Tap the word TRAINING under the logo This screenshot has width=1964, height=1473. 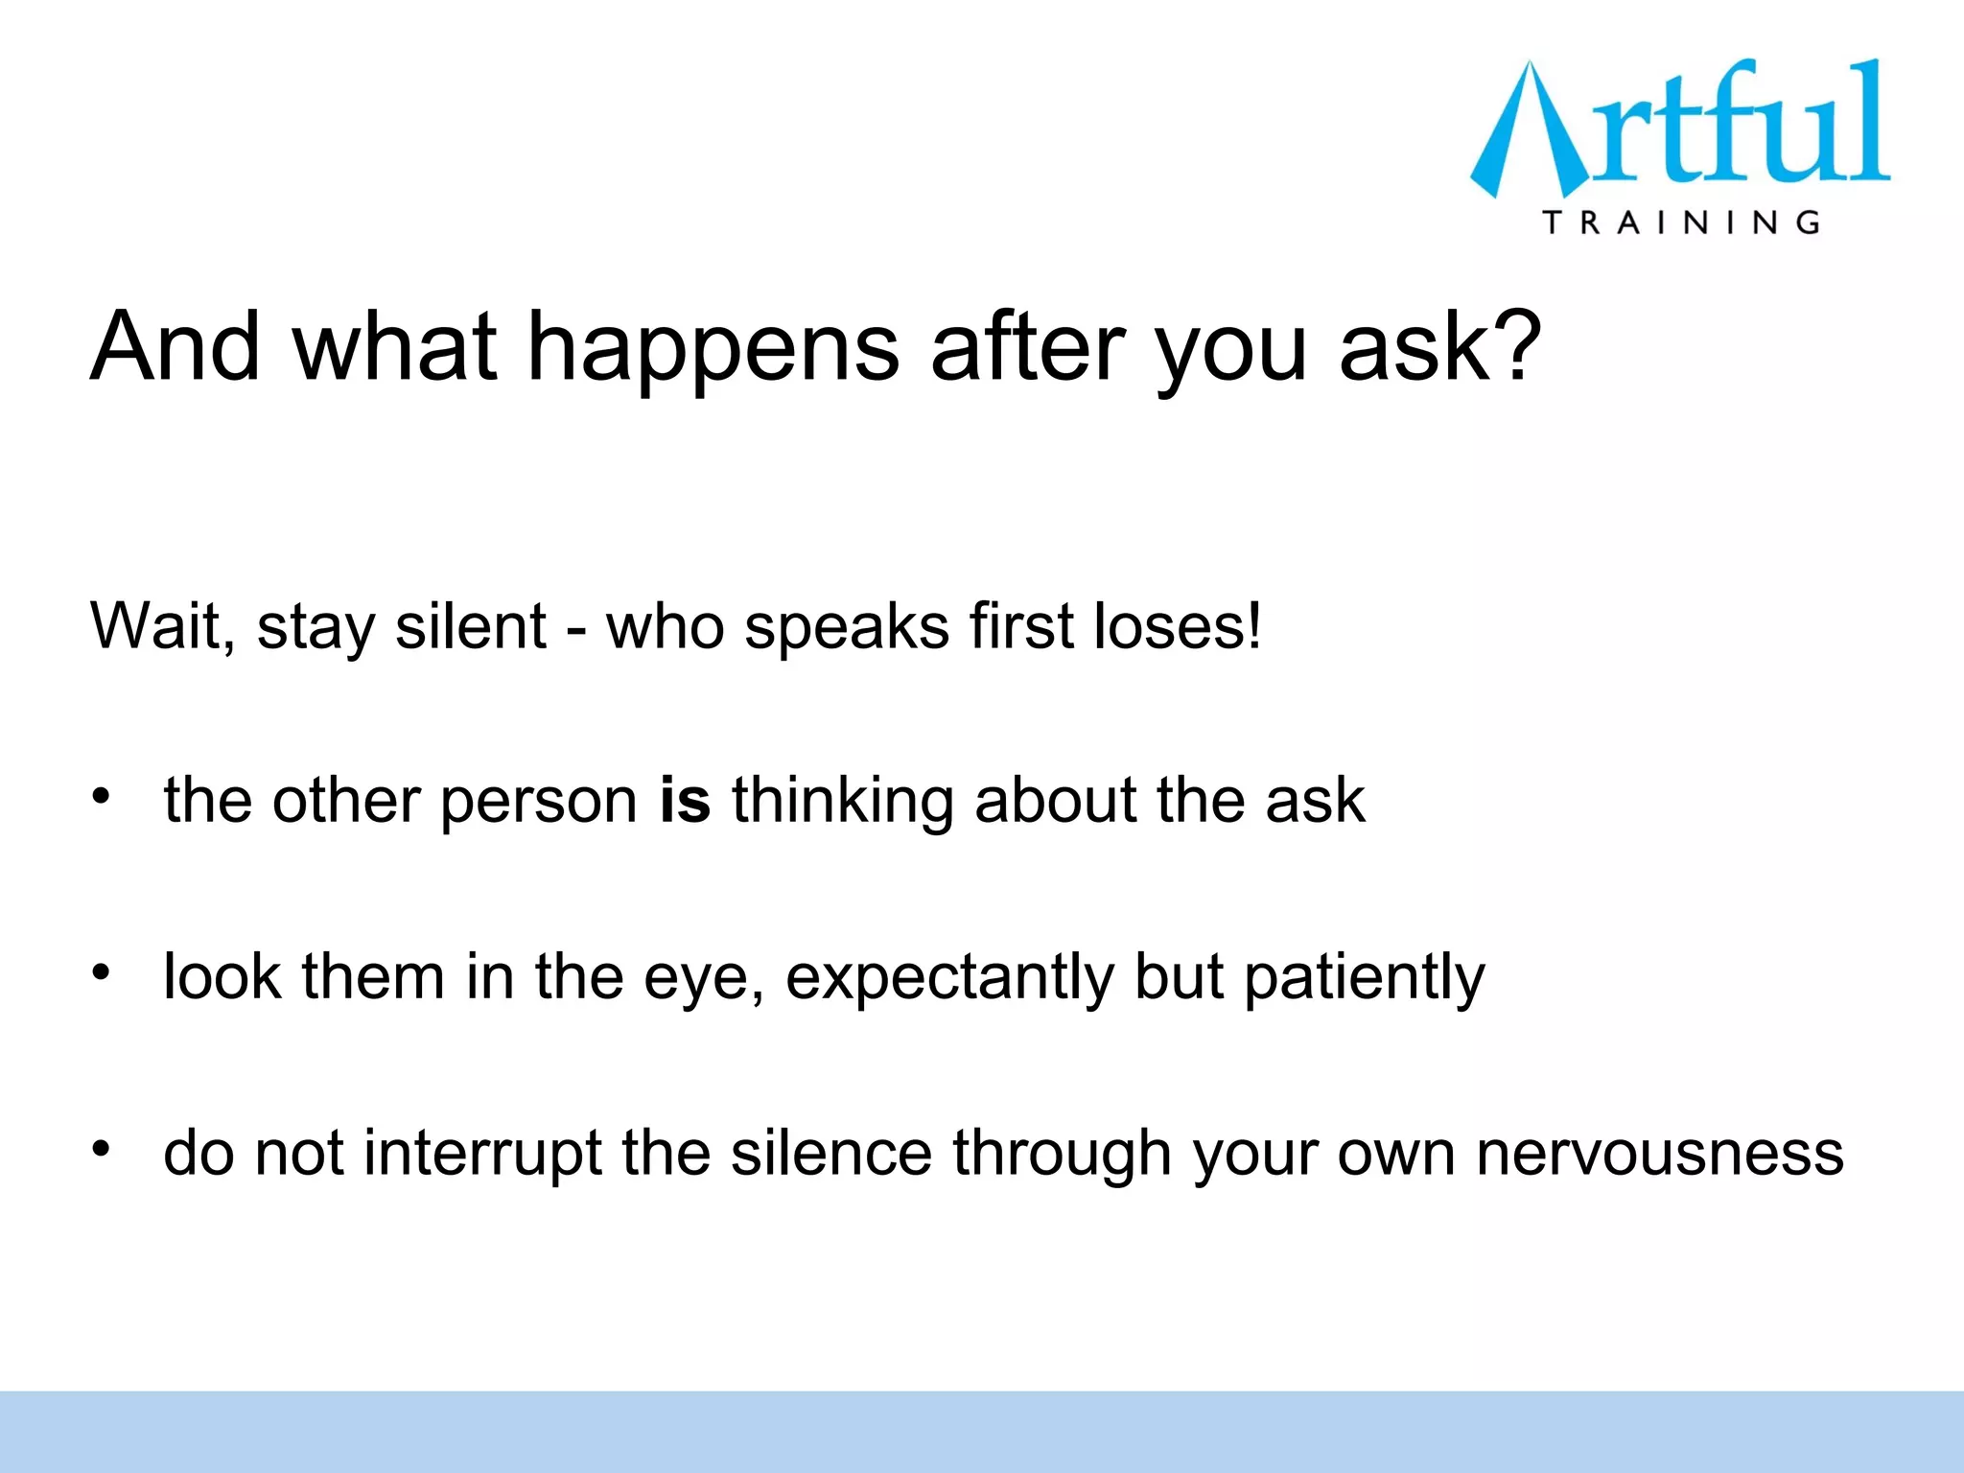click(x=1680, y=223)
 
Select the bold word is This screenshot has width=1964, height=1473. click(x=685, y=800)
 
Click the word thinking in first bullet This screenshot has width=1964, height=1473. click(x=842, y=802)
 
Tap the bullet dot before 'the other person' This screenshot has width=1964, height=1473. click(x=102, y=796)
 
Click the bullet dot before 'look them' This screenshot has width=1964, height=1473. click(x=102, y=972)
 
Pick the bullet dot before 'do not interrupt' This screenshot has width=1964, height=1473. click(x=102, y=1148)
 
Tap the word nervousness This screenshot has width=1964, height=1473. click(x=1659, y=1154)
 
